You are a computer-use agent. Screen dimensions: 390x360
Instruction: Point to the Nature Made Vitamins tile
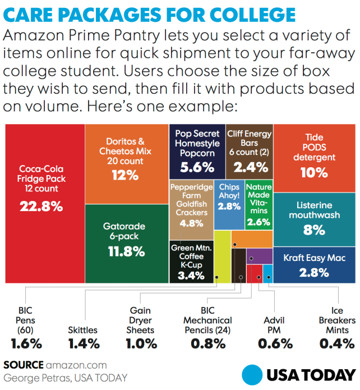pos(259,205)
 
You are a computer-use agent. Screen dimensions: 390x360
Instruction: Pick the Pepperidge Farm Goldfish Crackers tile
pos(191,205)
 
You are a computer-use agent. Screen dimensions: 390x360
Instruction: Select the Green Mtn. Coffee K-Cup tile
pos(191,261)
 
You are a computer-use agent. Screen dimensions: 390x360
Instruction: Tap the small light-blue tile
pos(267,274)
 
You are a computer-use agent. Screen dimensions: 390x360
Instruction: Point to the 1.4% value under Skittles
pos(82,343)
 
